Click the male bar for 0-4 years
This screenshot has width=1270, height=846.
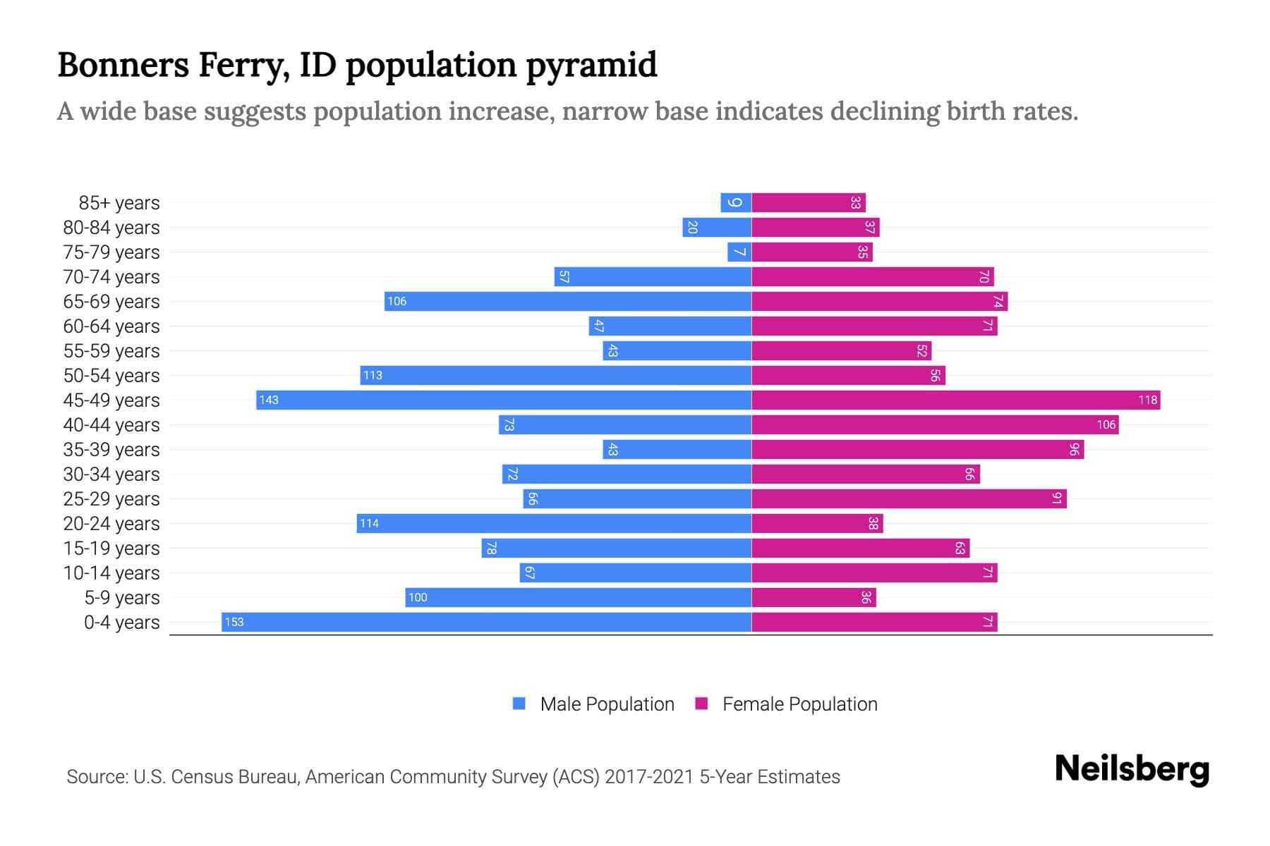click(x=487, y=622)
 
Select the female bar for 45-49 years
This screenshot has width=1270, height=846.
click(x=956, y=400)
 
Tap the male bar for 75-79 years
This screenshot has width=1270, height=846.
click(x=739, y=252)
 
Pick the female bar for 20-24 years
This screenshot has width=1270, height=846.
click(x=817, y=523)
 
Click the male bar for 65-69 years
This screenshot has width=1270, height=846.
click(x=568, y=301)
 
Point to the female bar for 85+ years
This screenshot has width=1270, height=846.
click(x=809, y=202)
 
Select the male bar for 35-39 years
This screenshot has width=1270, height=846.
click(x=677, y=449)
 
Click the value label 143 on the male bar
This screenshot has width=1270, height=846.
click(x=269, y=400)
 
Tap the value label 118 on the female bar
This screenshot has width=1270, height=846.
click(x=1147, y=400)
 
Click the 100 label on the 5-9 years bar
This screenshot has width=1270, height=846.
click(x=418, y=598)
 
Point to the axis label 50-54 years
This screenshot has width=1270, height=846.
click(x=111, y=376)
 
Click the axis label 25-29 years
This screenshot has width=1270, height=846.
click(x=111, y=499)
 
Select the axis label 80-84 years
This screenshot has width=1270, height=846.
click(x=111, y=228)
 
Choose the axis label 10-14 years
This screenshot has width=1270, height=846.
click(x=111, y=573)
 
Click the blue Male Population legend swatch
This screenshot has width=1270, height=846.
click(x=519, y=704)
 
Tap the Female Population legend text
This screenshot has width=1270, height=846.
click(x=799, y=704)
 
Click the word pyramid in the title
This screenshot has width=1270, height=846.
click(x=591, y=65)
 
